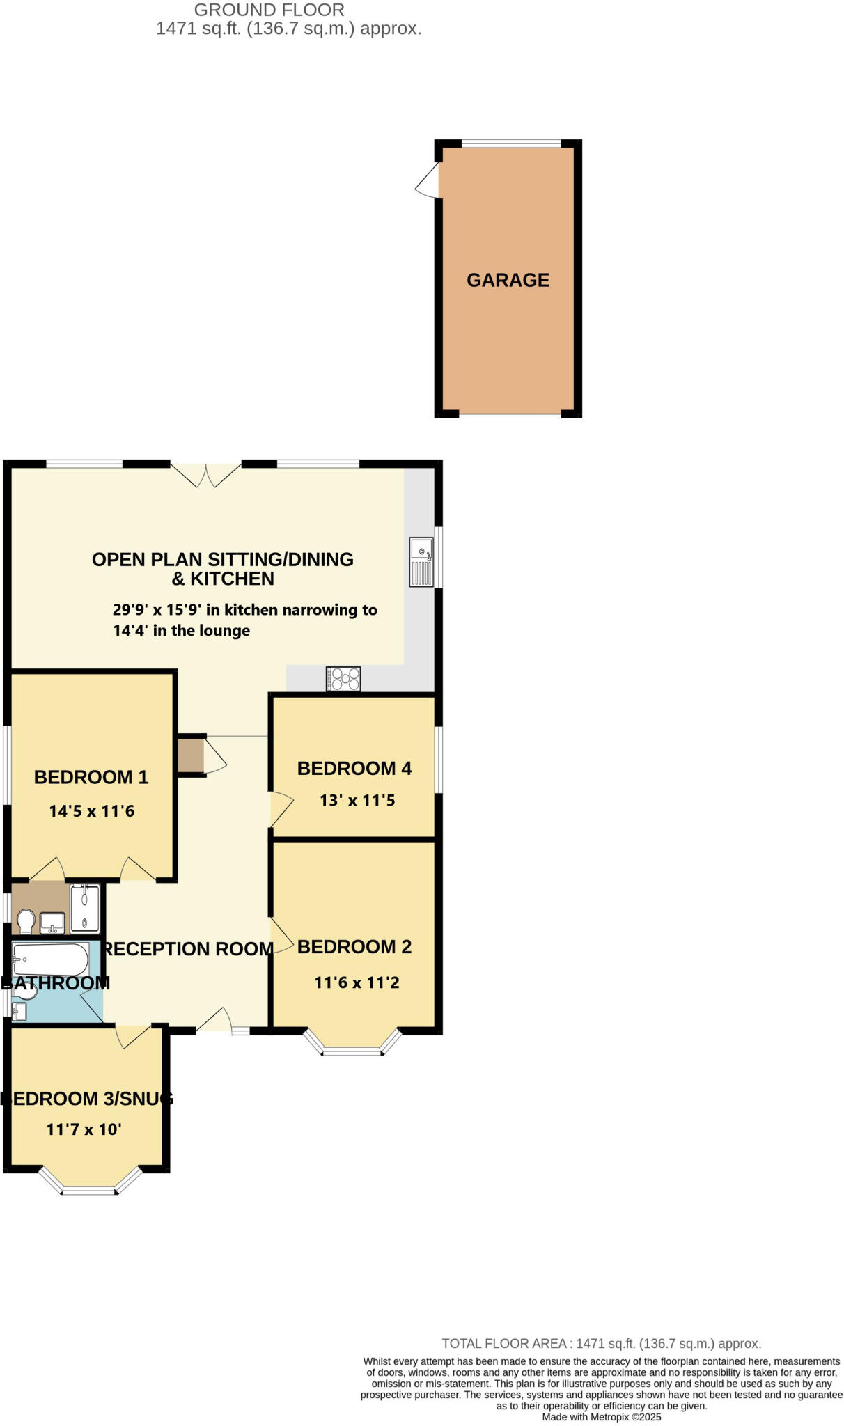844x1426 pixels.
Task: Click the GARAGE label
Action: pos(508,280)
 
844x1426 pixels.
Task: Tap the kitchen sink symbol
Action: pos(421,562)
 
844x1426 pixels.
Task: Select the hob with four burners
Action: pos(344,679)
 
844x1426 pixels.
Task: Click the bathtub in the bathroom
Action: pos(50,960)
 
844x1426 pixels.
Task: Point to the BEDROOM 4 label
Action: pos(354,769)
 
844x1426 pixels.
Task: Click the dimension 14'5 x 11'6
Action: pos(92,811)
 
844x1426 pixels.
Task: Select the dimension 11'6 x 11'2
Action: pos(357,983)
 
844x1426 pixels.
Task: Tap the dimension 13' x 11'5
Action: pos(357,801)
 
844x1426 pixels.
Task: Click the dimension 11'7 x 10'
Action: pos(84,1129)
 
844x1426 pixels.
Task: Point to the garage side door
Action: pos(428,180)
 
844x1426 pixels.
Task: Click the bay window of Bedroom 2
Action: pos(352,1044)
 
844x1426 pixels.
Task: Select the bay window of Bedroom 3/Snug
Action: pos(89,1184)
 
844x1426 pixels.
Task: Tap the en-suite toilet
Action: pos(26,921)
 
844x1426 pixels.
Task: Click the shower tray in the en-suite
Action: pos(85,908)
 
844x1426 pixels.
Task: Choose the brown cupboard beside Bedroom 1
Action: pos(190,755)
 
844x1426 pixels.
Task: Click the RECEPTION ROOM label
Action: pos(188,949)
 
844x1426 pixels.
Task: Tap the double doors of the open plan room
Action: pos(206,475)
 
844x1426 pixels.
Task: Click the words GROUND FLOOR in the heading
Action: pos(269,10)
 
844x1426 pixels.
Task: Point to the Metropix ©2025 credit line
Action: pos(602,1417)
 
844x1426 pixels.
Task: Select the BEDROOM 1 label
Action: pos(91,778)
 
